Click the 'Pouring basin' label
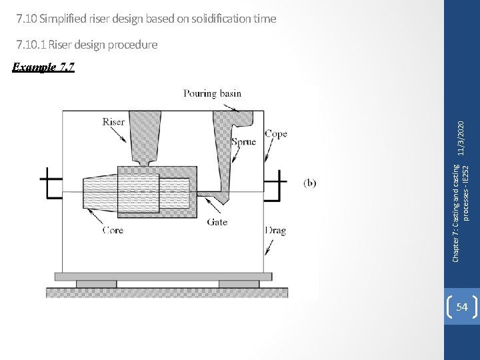[x=213, y=94]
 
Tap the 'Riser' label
[x=113, y=122]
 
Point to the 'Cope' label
[x=276, y=133]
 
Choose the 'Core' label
[x=113, y=231]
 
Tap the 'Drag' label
[x=276, y=231]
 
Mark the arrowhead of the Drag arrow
[x=267, y=255]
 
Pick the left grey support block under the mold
[x=96, y=284]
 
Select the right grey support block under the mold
[x=239, y=284]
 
